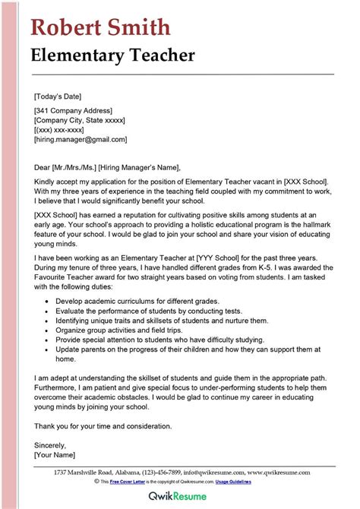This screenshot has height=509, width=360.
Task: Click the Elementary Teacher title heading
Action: [x=112, y=55]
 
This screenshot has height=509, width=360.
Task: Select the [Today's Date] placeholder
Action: [x=58, y=96]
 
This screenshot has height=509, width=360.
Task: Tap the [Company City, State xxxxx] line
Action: [x=80, y=121]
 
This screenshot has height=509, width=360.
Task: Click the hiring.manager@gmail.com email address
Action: [x=81, y=140]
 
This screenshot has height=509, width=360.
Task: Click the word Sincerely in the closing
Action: [x=50, y=445]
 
